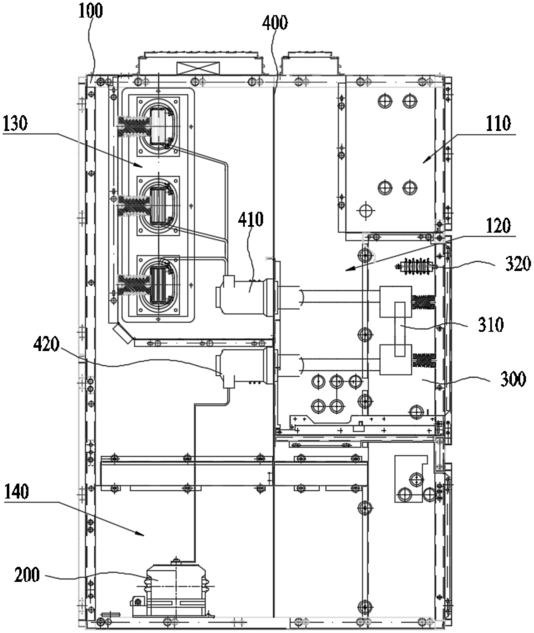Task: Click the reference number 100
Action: pos(90,11)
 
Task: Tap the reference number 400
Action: pos(275,23)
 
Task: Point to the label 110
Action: pos(498,124)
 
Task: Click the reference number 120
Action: pos(498,225)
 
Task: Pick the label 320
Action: pos(518,264)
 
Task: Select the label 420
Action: pos(46,345)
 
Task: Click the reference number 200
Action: pos(27,575)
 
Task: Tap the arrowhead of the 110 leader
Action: pos(424,162)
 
